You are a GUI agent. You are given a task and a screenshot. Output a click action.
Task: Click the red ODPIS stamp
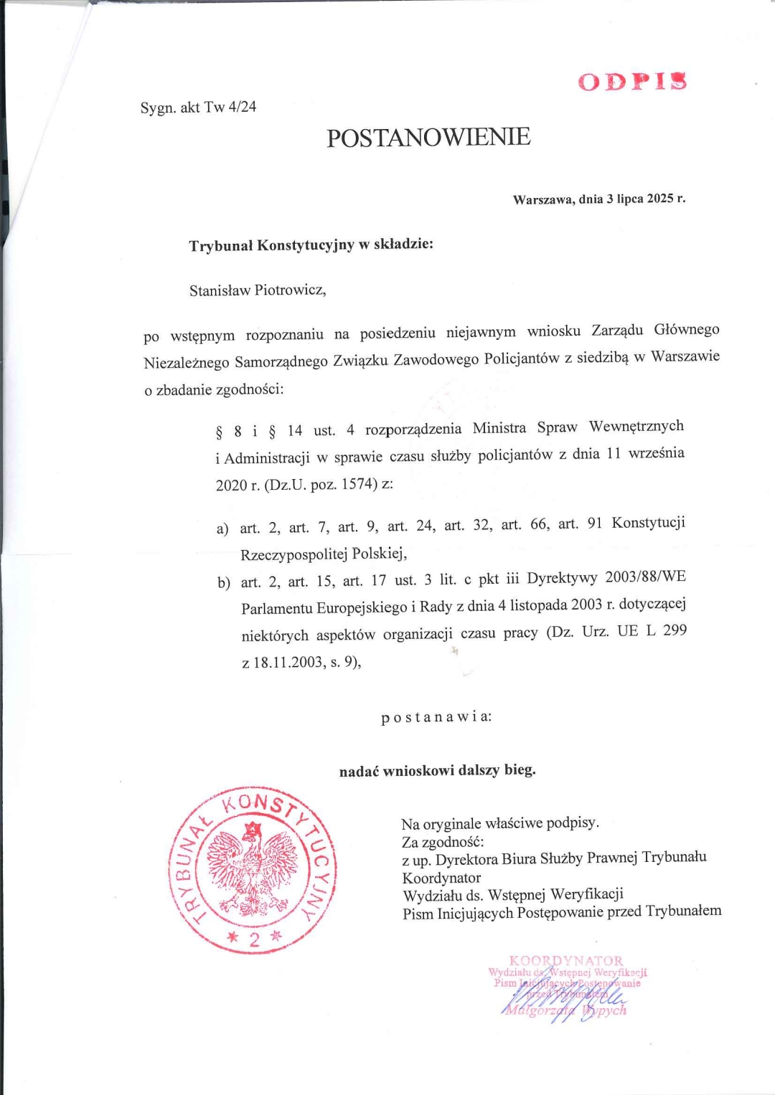tap(632, 81)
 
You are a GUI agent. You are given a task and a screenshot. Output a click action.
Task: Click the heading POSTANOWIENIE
tap(428, 137)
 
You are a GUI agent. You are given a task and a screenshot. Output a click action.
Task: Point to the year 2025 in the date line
tap(659, 198)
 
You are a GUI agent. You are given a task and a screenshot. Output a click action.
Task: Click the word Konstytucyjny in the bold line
tap(306, 245)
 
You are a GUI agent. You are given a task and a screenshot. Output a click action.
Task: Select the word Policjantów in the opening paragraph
tap(522, 359)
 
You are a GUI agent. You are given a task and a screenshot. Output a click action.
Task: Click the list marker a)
tap(222, 529)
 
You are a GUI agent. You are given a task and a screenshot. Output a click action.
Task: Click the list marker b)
tap(224, 582)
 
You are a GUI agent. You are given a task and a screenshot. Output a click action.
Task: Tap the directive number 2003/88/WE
tap(645, 577)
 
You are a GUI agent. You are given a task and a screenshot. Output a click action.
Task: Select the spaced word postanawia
tap(435, 716)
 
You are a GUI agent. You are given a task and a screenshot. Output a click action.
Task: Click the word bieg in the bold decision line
tap(519, 769)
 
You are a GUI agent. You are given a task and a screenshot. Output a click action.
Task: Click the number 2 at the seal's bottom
tap(254, 939)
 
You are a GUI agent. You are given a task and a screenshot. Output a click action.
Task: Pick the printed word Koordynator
tap(441, 878)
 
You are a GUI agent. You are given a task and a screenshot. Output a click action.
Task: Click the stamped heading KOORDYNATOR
tap(566, 960)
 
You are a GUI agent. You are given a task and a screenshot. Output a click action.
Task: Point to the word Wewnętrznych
tap(637, 426)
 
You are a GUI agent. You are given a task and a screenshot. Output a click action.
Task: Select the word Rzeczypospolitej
tap(294, 554)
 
